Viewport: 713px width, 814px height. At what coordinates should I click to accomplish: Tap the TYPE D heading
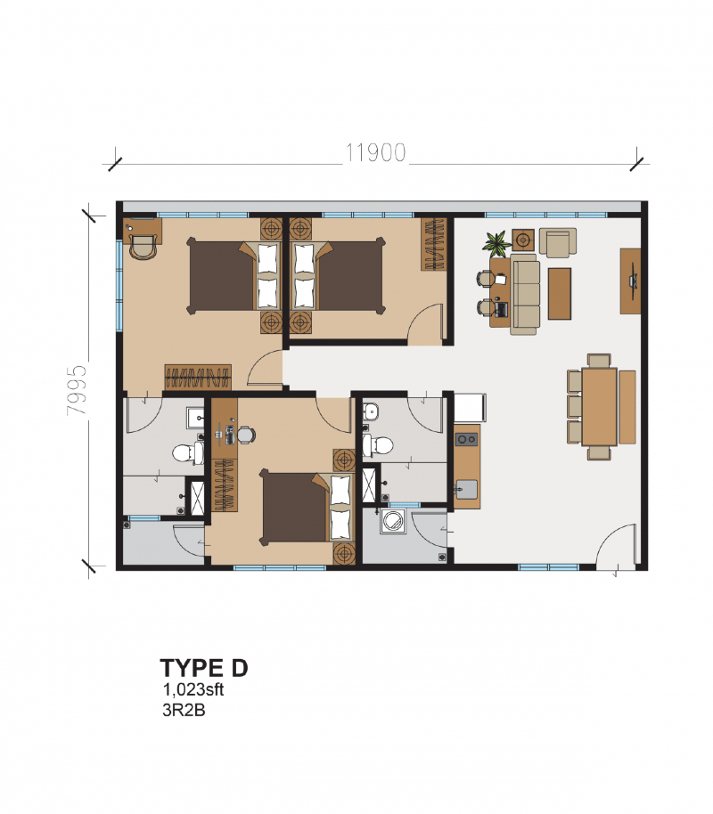(x=203, y=668)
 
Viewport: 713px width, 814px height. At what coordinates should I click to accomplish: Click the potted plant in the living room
(x=496, y=241)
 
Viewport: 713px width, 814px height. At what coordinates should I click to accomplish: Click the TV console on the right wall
(x=631, y=281)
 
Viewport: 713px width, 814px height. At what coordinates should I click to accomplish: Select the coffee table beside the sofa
(x=560, y=293)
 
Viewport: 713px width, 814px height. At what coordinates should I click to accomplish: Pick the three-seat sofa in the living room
(x=524, y=294)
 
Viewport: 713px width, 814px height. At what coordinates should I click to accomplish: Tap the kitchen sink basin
(x=466, y=489)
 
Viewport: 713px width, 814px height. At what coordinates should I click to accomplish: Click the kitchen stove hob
(x=465, y=438)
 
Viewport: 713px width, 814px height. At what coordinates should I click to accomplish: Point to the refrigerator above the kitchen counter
(x=470, y=408)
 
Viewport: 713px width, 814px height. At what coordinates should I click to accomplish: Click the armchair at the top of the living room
(x=558, y=241)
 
